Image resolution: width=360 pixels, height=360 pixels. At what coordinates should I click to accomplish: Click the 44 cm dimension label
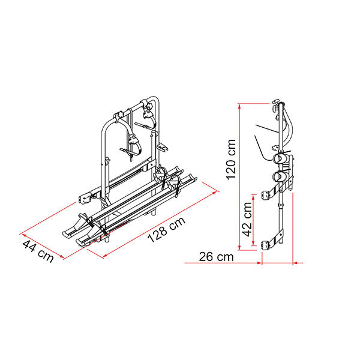click(x=38, y=251)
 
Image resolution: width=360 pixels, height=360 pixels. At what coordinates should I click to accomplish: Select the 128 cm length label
click(x=166, y=229)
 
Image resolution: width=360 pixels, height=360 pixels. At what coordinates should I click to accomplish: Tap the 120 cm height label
click(x=231, y=159)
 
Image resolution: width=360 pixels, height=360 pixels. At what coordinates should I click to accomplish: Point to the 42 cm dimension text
click(x=248, y=219)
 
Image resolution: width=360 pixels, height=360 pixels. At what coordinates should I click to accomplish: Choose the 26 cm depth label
click(x=216, y=257)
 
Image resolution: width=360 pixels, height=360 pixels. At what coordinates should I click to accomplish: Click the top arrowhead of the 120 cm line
click(x=239, y=106)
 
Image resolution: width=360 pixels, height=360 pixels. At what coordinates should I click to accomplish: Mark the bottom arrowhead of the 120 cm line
click(x=239, y=248)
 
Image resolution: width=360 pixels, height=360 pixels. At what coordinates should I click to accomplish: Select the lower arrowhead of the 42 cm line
click(x=253, y=244)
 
